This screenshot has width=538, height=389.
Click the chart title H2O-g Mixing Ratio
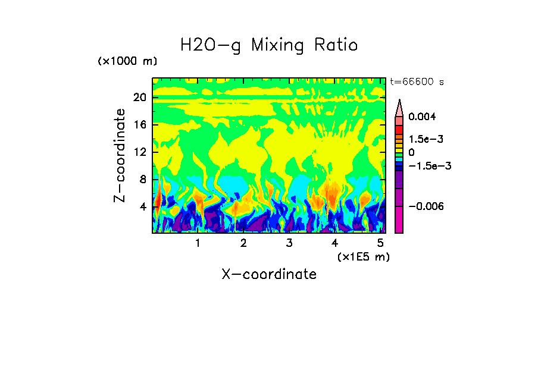pyautogui.click(x=269, y=45)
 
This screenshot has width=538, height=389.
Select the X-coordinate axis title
pyautogui.click(x=269, y=274)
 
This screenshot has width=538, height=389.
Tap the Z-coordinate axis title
pyautogui.click(x=120, y=155)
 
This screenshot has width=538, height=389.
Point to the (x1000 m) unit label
pyautogui.click(x=127, y=62)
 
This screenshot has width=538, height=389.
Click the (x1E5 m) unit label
pyautogui.click(x=363, y=256)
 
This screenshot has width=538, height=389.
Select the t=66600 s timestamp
pyautogui.click(x=417, y=81)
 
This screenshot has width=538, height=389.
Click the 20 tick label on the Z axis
pyautogui.click(x=139, y=98)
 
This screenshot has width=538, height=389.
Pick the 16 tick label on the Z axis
pyautogui.click(x=139, y=125)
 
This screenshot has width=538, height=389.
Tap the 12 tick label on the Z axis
pyautogui.click(x=139, y=152)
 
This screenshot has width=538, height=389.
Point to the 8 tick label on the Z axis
pyautogui.click(x=142, y=180)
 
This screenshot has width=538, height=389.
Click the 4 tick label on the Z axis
pyautogui.click(x=142, y=207)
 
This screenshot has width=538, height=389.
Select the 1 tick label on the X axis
pyautogui.click(x=198, y=243)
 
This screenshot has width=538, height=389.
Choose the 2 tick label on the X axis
pyautogui.click(x=243, y=243)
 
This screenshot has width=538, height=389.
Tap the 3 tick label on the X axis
pyautogui.click(x=289, y=243)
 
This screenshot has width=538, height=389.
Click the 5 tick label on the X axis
pyautogui.click(x=380, y=243)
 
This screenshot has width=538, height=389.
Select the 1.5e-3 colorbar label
pyautogui.click(x=426, y=139)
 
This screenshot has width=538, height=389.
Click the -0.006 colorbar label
pyautogui.click(x=425, y=206)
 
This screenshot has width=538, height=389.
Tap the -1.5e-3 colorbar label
pyautogui.click(x=428, y=166)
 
